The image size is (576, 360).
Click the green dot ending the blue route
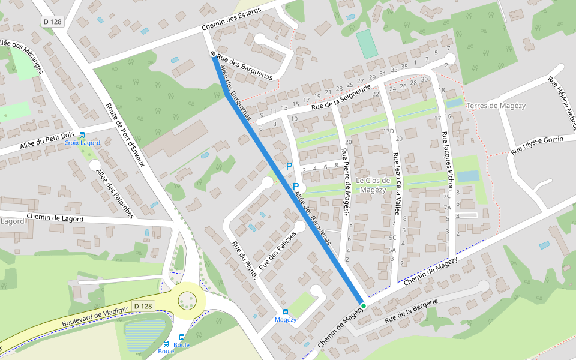click(363, 305)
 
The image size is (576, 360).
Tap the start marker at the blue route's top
click(213, 55)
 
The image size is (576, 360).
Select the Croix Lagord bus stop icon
click(82, 135)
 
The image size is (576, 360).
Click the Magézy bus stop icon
click(285, 312)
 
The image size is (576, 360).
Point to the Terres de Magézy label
click(496, 106)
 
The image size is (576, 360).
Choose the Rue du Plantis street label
click(245, 260)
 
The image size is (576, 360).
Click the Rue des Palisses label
click(278, 250)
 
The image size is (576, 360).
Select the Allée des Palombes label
click(115, 193)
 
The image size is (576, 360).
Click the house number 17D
click(388, 131)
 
